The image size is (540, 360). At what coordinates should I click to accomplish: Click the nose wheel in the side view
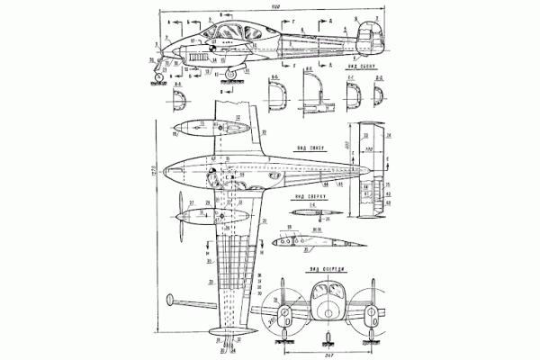(x=161, y=78)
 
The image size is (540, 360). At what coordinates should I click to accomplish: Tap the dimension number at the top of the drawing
(x=260, y=9)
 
